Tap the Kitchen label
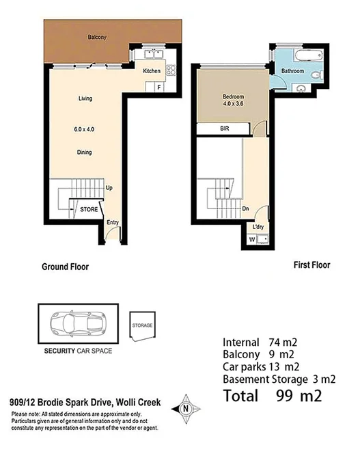(x=151, y=70)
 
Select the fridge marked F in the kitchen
(x=159, y=87)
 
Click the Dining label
(x=85, y=152)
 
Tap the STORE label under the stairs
(x=88, y=210)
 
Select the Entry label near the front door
(x=113, y=221)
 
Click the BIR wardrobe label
(x=223, y=129)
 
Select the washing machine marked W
(x=253, y=239)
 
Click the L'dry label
(x=258, y=226)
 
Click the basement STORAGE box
(x=142, y=326)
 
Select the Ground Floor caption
(x=66, y=267)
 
